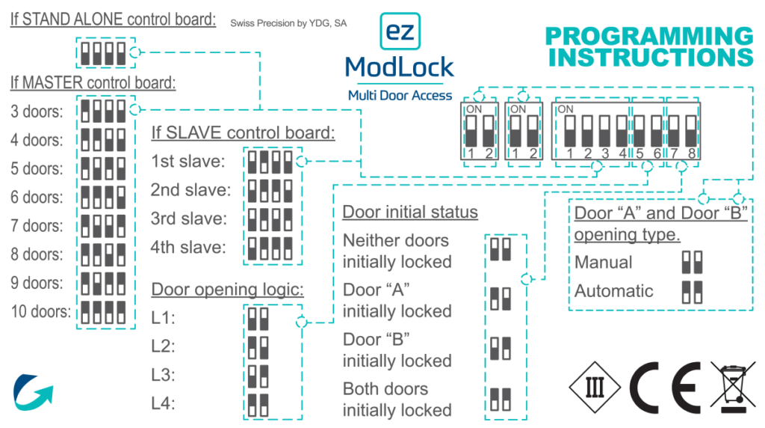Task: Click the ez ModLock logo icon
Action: [x=400, y=32]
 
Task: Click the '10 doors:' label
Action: [x=41, y=311]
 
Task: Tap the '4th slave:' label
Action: [x=188, y=248]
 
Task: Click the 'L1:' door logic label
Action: [x=163, y=318]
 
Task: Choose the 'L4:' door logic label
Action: [x=163, y=403]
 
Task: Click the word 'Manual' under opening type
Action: [x=603, y=263]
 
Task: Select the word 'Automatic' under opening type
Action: [x=613, y=291]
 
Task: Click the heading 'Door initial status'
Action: [x=410, y=212]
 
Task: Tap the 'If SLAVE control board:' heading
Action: [x=243, y=133]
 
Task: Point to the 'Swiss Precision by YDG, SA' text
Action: [x=288, y=24]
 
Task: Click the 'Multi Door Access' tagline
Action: [x=400, y=95]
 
